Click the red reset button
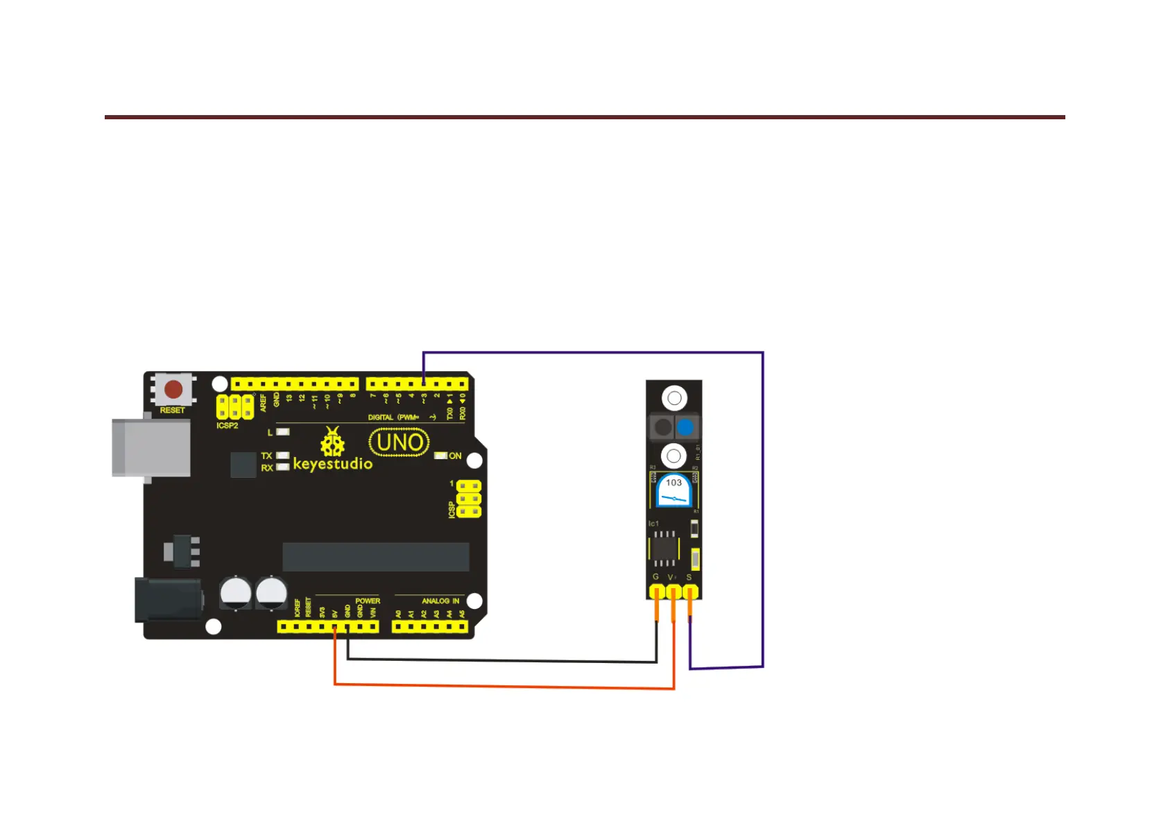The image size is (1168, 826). click(x=173, y=389)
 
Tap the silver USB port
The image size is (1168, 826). click(x=151, y=447)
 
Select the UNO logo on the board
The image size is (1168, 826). click(x=400, y=442)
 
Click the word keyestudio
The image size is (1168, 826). click(x=332, y=464)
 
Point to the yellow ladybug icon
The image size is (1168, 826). click(x=332, y=442)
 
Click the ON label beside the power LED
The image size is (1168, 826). click(x=455, y=456)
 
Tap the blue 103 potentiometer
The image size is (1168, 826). click(x=673, y=490)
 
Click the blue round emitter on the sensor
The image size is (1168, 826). click(x=685, y=427)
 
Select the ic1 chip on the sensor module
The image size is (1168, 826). click(x=664, y=549)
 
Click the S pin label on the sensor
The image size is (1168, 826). click(x=689, y=577)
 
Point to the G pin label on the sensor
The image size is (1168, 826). click(x=655, y=577)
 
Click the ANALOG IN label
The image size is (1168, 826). click(x=440, y=601)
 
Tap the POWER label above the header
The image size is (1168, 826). click(x=368, y=601)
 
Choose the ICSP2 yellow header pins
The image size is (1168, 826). click(x=234, y=406)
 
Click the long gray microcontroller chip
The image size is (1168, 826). click(x=375, y=557)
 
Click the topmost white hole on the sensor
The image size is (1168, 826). click(x=674, y=398)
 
